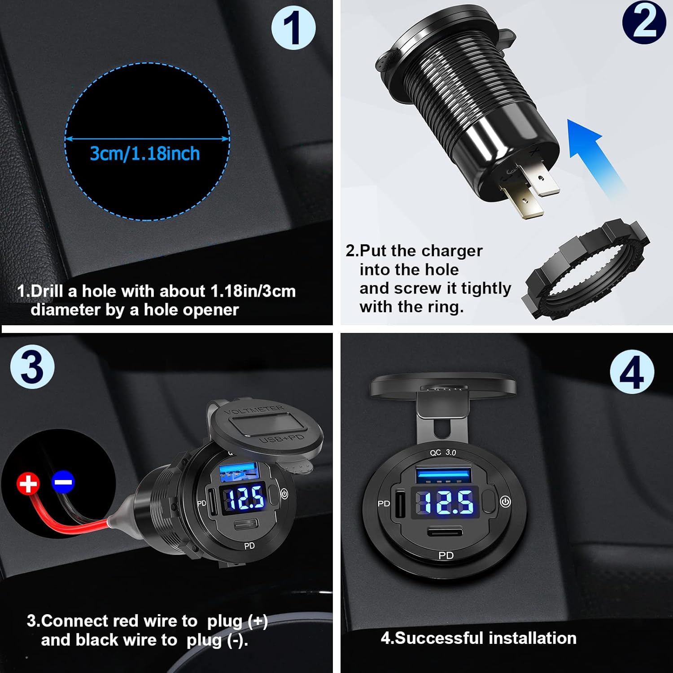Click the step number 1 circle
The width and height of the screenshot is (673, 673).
(x=293, y=27)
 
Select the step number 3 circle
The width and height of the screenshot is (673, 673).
(x=32, y=367)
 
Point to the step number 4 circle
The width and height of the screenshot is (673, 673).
(x=632, y=372)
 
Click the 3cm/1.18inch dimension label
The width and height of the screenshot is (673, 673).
(x=144, y=154)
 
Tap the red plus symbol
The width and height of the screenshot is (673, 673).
(x=28, y=484)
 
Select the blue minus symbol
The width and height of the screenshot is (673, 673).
(x=63, y=482)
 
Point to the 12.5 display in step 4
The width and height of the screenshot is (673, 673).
(x=447, y=502)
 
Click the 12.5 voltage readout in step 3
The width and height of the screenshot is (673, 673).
(x=245, y=498)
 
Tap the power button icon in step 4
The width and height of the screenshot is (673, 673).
(x=506, y=502)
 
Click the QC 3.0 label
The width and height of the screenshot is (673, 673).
(x=443, y=453)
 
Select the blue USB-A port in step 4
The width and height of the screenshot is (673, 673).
(x=443, y=475)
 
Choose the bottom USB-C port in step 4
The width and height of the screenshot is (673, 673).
(x=445, y=533)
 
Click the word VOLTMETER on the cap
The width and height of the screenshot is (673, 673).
(x=254, y=410)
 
